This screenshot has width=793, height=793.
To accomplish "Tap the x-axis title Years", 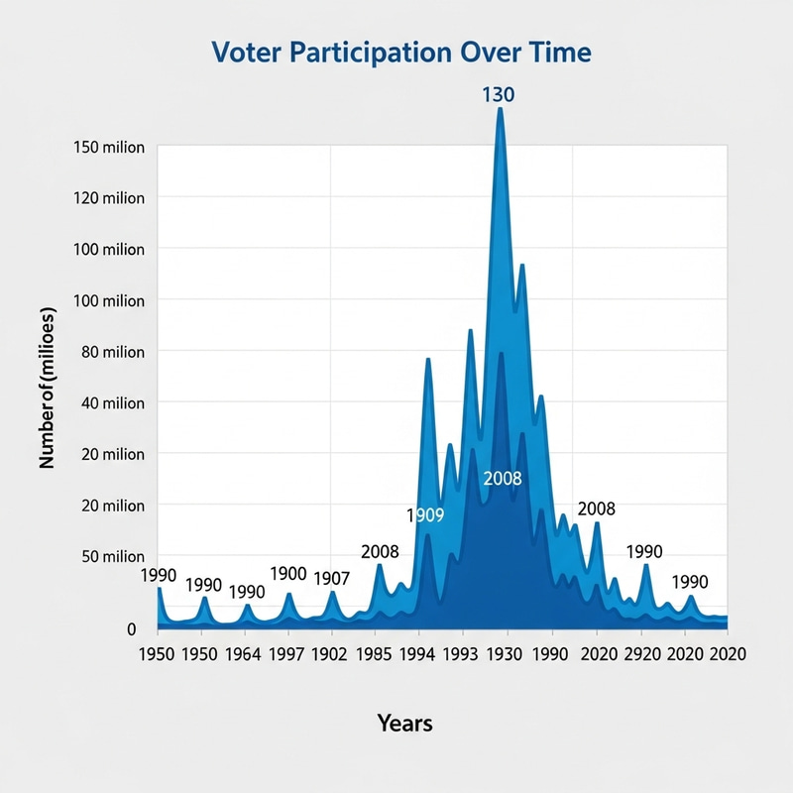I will point(404,723).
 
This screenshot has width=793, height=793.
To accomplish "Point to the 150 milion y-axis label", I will point(110,147).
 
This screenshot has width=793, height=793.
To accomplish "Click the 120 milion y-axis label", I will point(110,198).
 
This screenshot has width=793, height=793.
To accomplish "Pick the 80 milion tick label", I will point(110,352).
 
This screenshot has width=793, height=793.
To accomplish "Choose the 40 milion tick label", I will point(110,402).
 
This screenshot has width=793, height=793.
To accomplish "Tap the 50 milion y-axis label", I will point(110,556).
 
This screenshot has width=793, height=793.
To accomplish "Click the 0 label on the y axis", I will point(131,629).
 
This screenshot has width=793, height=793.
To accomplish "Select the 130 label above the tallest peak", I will point(499,95).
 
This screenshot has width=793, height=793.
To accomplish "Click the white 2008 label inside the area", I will point(502,479).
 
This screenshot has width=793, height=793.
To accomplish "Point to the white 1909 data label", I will point(425,515).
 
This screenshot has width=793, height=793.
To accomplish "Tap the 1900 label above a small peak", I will point(288,574).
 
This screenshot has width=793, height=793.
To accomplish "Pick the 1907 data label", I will point(332,578).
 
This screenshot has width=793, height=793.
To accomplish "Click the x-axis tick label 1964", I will point(244,654).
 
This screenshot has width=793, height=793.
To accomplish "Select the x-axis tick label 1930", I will point(505,654).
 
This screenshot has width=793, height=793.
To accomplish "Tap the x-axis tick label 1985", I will point(373,654).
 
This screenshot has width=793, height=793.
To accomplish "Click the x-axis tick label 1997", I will point(286,654).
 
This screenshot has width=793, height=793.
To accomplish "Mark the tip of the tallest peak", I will point(500,108).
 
